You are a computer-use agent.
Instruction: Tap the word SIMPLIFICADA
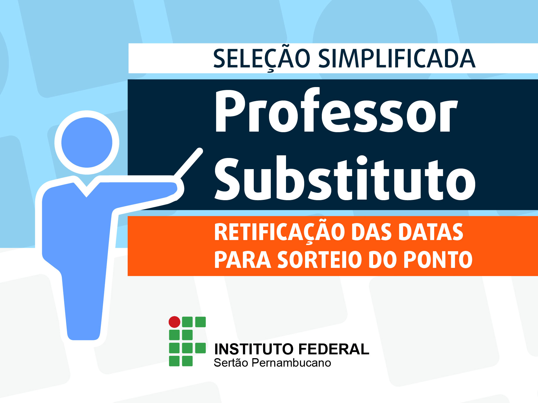[397, 59]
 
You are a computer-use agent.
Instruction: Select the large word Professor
[336, 111]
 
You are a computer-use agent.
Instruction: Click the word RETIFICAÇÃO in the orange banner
[280, 232]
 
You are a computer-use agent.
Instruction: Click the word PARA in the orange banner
[243, 260]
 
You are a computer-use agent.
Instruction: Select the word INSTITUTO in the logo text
[254, 349]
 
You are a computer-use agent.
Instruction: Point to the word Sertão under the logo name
[231, 363]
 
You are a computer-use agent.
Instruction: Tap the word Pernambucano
[291, 363]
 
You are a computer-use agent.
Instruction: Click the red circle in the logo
[175, 322]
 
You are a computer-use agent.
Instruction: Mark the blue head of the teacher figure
[87, 142]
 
